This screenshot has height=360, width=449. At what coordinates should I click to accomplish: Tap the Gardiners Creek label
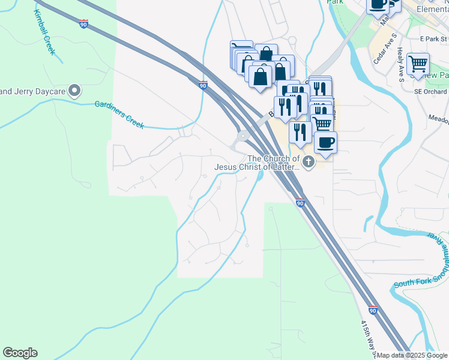point(119,113)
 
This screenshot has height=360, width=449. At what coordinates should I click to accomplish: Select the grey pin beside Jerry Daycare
point(74,91)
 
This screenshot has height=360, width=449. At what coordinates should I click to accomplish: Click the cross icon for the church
point(309,161)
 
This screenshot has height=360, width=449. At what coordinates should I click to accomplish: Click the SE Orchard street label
point(430,92)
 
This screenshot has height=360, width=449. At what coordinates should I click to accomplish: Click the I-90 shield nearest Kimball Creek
point(83,24)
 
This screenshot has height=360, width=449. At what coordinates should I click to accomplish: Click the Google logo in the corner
point(20,353)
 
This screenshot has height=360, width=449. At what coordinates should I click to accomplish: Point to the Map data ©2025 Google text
point(411,355)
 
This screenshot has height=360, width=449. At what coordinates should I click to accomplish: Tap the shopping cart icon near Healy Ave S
point(418,63)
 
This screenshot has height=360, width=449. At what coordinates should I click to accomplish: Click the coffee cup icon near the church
point(325,142)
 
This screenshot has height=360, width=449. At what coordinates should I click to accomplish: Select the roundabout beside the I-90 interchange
point(243,136)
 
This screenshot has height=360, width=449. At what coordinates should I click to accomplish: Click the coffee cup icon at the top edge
point(378,5)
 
